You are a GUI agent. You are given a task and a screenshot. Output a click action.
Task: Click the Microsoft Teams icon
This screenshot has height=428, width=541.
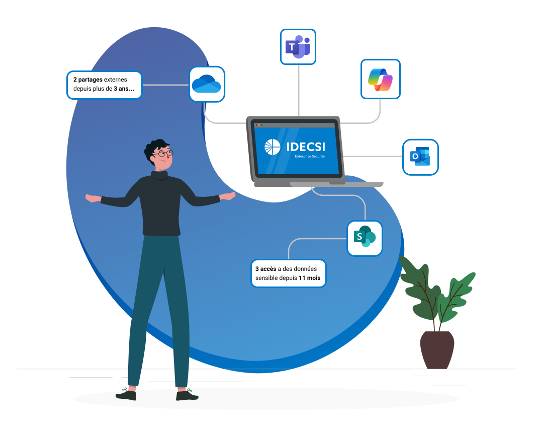[x=298, y=46]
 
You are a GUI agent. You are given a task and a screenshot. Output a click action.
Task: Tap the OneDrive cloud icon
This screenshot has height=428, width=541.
[x=207, y=84]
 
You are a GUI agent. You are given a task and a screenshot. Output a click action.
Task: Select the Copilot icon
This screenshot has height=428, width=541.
[x=380, y=79]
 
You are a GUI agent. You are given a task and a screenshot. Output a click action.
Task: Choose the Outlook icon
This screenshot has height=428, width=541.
[x=420, y=157]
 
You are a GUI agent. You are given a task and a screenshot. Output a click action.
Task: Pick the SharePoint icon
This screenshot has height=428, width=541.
[x=365, y=238]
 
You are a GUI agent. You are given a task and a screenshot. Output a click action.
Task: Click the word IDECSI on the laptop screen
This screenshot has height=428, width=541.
[x=305, y=147]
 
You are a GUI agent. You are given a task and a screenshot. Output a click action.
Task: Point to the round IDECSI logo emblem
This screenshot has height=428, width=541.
[x=273, y=148]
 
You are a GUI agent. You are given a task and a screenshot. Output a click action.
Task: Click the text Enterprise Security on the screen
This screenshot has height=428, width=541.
[x=310, y=157]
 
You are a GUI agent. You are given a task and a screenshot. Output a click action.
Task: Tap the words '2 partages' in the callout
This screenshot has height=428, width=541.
[x=87, y=80]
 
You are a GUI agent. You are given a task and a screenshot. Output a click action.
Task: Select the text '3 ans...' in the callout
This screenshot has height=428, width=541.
[x=124, y=89]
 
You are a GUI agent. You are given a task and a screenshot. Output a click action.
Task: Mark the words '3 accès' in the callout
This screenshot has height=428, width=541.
[x=265, y=269]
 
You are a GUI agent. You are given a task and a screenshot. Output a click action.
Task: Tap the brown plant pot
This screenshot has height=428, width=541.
[x=437, y=349]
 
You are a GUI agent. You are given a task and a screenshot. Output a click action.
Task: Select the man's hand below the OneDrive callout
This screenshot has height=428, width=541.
[x=92, y=198]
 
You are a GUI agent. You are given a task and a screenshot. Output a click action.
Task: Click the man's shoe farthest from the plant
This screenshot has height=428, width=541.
[x=126, y=394]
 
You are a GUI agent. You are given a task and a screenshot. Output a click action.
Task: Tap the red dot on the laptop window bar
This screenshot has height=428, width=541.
[x=256, y=125]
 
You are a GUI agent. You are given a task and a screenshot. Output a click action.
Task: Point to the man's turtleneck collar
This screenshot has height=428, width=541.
[x=159, y=175]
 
